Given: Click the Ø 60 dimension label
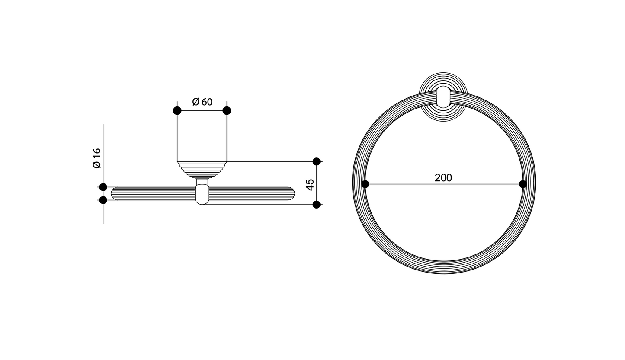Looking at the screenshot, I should pyautogui.click(x=202, y=102).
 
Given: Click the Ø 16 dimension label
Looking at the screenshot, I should pyautogui.click(x=96, y=158).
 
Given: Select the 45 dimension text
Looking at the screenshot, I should pyautogui.click(x=310, y=185).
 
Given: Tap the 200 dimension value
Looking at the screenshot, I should pyautogui.click(x=443, y=178).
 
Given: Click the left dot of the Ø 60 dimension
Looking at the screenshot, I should pyautogui.click(x=177, y=111).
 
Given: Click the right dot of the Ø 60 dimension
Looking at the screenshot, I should pyautogui.click(x=227, y=111).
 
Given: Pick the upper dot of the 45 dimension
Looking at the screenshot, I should pyautogui.click(x=316, y=161).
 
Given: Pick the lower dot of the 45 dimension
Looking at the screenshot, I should pyautogui.click(x=316, y=205).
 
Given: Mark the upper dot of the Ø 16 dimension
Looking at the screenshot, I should pyautogui.click(x=103, y=187).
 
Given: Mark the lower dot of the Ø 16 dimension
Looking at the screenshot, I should pyautogui.click(x=103, y=200).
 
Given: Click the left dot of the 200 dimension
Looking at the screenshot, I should pyautogui.click(x=365, y=184).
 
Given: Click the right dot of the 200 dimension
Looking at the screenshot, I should pyautogui.click(x=522, y=184).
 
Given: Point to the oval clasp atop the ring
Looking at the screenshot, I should pyautogui.click(x=443, y=96).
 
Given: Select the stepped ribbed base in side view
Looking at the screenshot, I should pyautogui.click(x=202, y=170).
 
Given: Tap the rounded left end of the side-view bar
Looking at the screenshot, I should pyautogui.click(x=114, y=193).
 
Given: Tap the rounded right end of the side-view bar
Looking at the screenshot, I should pyautogui.click(x=292, y=193).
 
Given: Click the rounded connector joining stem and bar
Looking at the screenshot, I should pyautogui.click(x=202, y=194).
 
